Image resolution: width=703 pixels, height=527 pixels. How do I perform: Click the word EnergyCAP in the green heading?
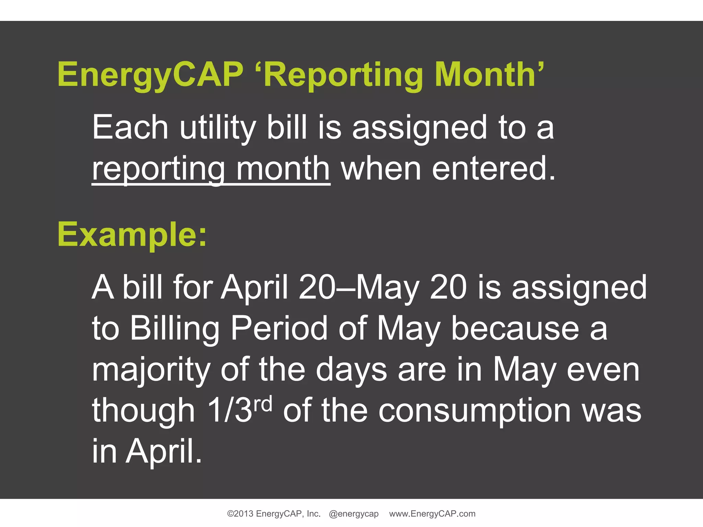pos(150,75)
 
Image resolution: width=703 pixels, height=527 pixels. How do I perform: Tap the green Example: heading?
pos(132,235)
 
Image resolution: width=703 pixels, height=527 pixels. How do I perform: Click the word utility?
pos(218,128)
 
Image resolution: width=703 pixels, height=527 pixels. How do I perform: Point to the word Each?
pos(130,128)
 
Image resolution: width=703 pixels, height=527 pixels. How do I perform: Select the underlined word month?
pos(283,169)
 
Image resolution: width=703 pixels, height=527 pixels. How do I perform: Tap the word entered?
pos(493,169)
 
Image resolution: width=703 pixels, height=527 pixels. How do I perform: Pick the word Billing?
pos(175,328)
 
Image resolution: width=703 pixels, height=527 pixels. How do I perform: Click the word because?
pos(515,328)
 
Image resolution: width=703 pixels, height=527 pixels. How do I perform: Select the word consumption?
pos(475,411)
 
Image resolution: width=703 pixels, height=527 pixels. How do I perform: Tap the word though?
pos(143,411)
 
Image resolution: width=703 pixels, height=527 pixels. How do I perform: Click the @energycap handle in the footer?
pos(354,514)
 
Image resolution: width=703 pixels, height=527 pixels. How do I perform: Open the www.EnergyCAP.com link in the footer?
pos(432,514)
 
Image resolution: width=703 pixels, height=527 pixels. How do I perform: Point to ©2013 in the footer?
pos(240,514)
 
